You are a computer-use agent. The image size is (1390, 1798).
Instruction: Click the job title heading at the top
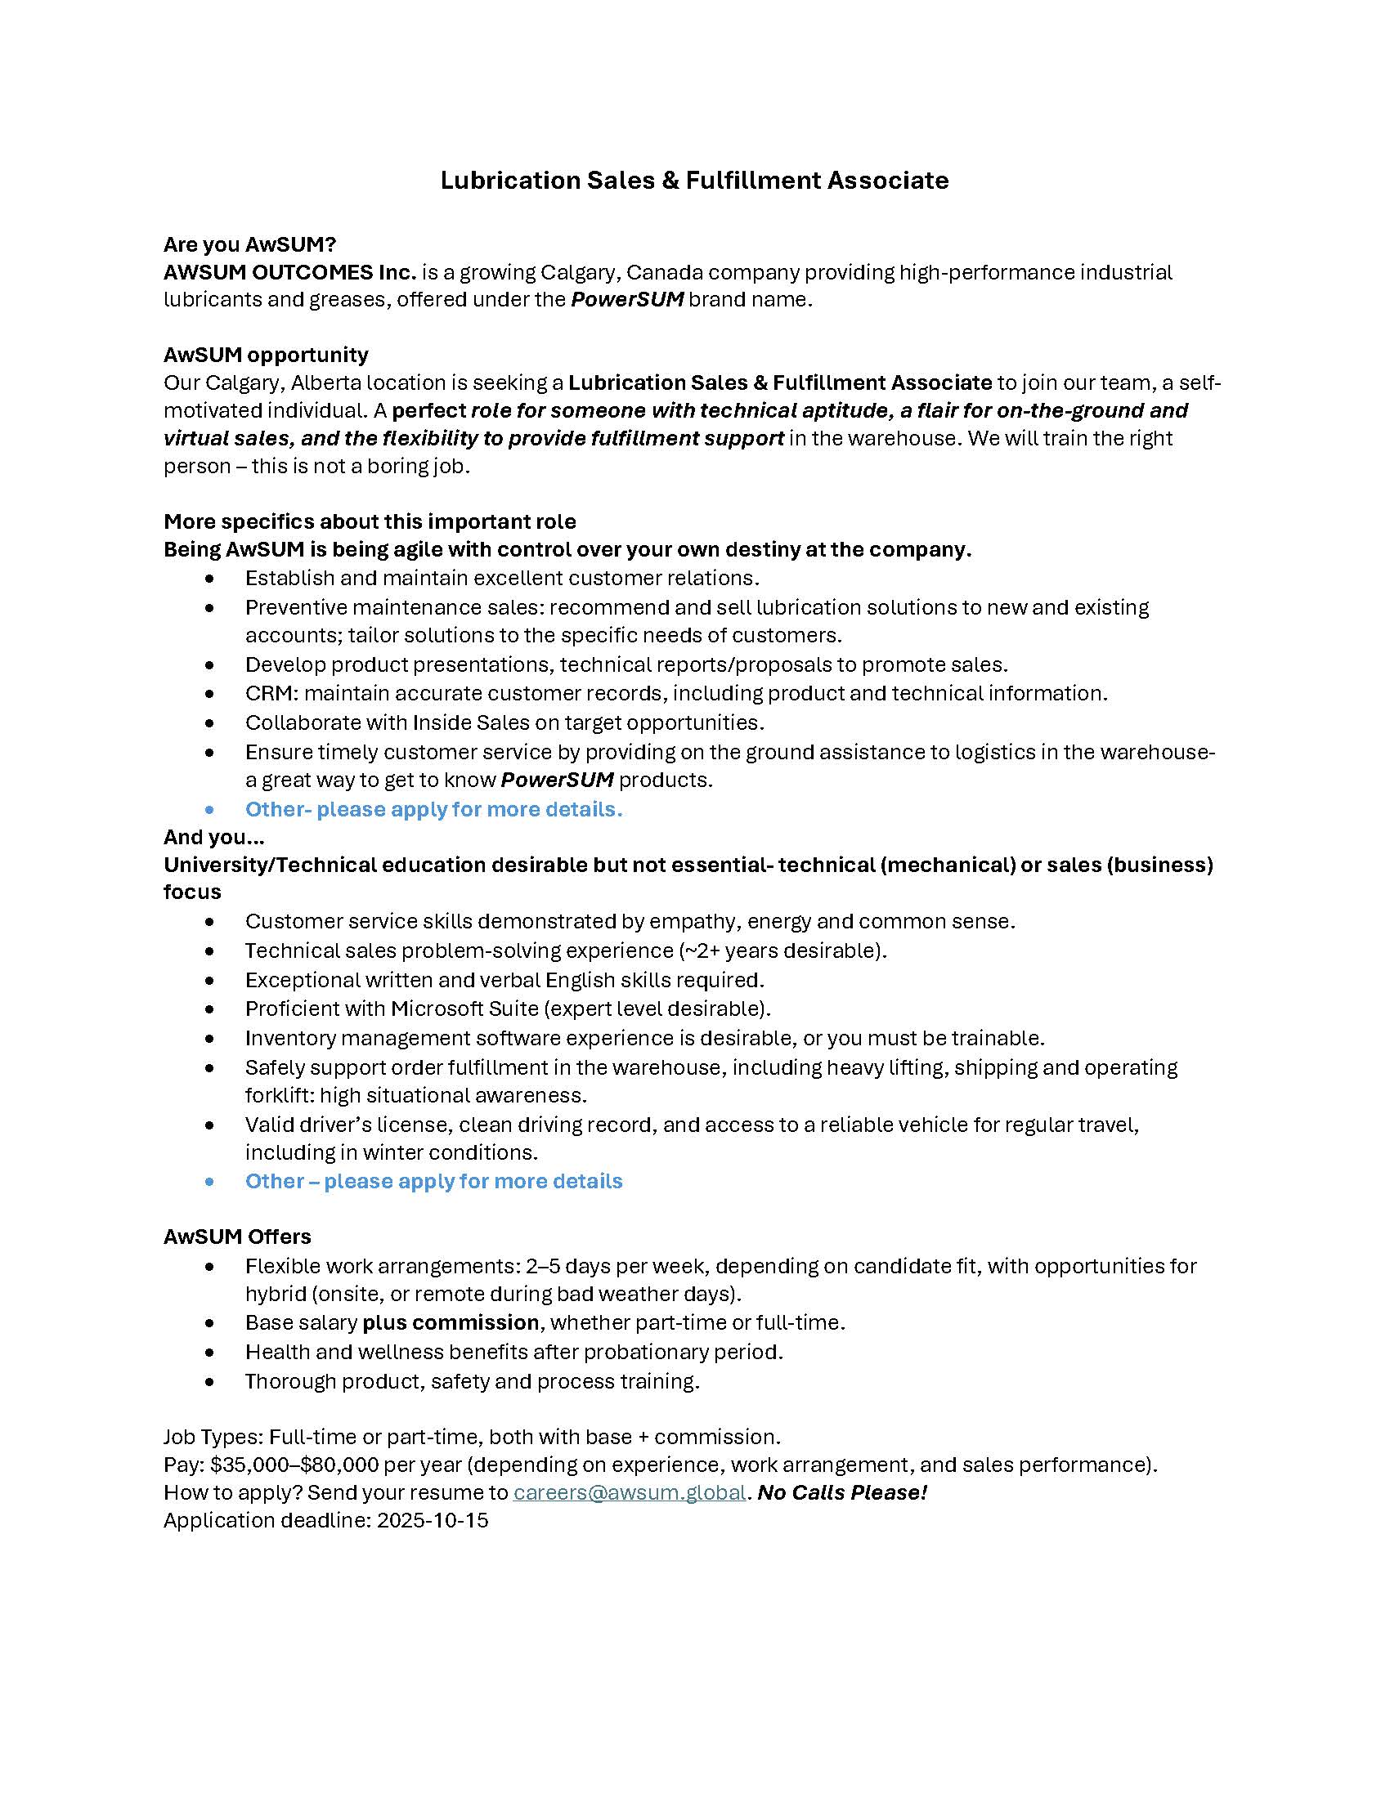coord(694,181)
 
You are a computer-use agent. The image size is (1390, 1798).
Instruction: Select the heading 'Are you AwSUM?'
coord(249,244)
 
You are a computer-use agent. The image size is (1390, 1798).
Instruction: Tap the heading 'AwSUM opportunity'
coord(266,355)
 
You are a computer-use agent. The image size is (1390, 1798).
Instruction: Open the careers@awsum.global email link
coord(629,1492)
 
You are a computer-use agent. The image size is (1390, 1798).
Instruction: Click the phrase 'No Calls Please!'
coord(841,1492)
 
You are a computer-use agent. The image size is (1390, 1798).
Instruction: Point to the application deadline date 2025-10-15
coord(433,1521)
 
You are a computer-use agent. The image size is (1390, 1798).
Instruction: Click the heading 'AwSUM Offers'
coord(237,1237)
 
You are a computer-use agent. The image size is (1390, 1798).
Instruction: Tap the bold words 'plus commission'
coord(451,1322)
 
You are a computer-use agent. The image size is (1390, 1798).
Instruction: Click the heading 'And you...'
coord(214,837)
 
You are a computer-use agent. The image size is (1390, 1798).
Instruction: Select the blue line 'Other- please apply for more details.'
coord(433,809)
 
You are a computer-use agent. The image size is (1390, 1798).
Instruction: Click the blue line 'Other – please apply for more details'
coord(433,1182)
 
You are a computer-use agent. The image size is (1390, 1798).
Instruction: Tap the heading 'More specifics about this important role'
coord(370,522)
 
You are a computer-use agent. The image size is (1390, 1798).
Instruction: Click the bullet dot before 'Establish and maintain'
coord(210,579)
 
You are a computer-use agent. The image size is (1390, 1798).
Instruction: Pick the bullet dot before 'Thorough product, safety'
coord(210,1382)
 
